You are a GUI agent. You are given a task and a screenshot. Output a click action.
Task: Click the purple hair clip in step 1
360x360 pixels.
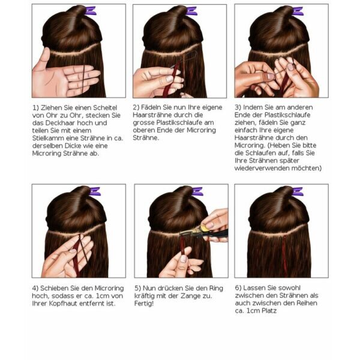coord(91,11)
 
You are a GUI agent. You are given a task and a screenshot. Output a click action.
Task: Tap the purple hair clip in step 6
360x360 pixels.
coord(298,191)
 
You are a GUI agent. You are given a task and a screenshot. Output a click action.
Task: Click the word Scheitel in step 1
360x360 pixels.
coord(105,107)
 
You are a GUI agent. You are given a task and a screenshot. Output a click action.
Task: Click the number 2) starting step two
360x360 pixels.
coord(136,107)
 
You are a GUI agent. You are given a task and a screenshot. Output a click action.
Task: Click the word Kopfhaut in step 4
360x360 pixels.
coord(65,304)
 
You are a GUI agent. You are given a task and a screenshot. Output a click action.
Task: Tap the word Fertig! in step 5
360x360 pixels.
coord(144,304)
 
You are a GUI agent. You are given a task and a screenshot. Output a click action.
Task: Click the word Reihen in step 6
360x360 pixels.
coord(307,303)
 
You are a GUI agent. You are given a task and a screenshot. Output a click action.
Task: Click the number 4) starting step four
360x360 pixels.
coord(35,288)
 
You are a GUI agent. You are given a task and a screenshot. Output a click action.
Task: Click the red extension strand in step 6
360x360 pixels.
coord(285,255)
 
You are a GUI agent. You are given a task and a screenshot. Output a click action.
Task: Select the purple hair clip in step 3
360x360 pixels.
coord(298,11)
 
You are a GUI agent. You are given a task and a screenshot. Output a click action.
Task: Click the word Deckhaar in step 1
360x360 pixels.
coord(60,123)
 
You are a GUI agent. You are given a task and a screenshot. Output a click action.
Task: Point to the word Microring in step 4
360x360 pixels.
coord(109,288)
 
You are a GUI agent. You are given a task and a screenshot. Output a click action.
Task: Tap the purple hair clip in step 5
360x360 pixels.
coord(197,191)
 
